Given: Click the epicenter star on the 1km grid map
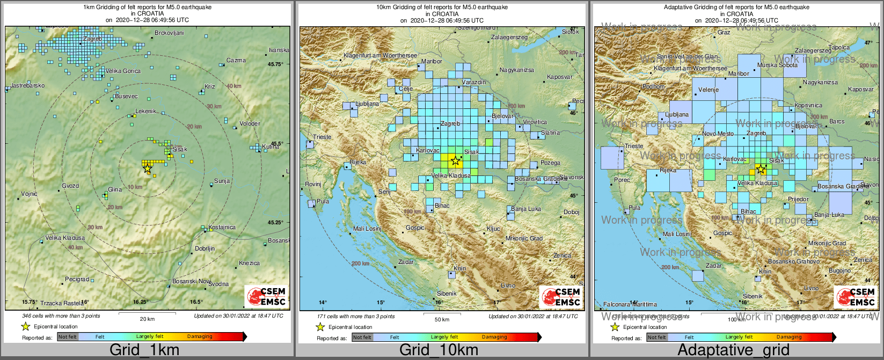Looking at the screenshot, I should (147, 168).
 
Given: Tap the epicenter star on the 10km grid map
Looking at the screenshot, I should (455, 160).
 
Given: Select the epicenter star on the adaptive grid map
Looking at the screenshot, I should (761, 170).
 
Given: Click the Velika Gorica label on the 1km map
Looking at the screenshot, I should (123, 71).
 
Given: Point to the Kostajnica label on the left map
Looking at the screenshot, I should (222, 227).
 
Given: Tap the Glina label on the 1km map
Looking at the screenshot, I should (115, 189).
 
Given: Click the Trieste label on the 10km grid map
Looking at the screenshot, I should (323, 137).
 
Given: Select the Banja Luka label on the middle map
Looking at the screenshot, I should (526, 209).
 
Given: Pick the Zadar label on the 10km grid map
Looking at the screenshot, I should (406, 262).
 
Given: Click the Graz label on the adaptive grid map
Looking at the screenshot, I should (724, 32).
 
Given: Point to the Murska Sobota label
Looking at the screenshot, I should (777, 65).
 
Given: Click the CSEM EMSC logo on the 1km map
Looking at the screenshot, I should (266, 297).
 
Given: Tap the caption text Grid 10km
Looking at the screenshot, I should (439, 350).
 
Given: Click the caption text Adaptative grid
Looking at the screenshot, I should (733, 350).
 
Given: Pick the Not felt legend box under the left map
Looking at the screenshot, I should (68, 337).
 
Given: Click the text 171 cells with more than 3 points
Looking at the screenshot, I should (355, 316).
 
